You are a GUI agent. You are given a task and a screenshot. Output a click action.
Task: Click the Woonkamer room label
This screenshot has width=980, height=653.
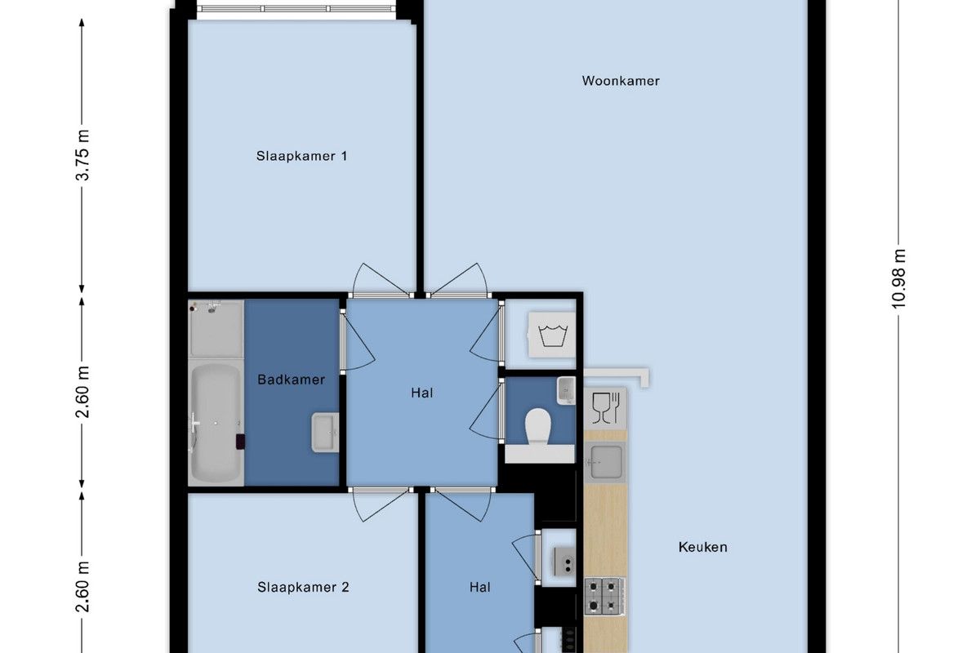(x=621, y=81)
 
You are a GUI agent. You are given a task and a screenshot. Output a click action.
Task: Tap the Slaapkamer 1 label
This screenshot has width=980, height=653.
(x=302, y=156)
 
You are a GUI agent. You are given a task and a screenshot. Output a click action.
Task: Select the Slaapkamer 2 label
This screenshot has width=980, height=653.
(x=303, y=587)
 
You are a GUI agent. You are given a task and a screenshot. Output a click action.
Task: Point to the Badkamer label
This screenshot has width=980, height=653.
(x=291, y=380)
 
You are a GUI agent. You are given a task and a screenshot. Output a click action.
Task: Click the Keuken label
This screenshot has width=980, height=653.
(x=702, y=547)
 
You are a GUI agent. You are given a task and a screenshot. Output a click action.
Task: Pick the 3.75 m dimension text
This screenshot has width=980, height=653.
(x=82, y=155)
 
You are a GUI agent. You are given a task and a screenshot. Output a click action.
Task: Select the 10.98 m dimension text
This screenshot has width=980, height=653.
(x=898, y=279)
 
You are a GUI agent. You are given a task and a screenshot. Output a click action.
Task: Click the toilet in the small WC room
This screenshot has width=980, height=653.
(x=537, y=427)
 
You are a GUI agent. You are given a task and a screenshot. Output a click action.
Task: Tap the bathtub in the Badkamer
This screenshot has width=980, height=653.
(x=216, y=423)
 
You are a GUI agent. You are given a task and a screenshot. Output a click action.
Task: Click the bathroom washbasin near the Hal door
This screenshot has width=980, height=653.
(x=325, y=432)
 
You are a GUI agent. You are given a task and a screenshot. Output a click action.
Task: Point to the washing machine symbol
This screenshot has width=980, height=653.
(x=552, y=335)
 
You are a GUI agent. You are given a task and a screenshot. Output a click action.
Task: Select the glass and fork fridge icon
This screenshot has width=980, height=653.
(x=605, y=408)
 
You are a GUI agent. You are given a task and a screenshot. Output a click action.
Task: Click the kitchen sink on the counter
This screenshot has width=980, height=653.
(x=605, y=462)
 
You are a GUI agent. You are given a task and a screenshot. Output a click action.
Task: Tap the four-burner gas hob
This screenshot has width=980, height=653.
(x=604, y=597)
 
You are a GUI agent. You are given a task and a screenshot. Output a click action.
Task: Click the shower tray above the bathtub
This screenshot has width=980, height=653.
(x=216, y=329)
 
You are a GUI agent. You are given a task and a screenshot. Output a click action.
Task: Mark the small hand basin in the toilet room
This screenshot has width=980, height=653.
(x=566, y=390)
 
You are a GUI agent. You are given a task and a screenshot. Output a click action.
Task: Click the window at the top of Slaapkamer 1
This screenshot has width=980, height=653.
(x=296, y=9)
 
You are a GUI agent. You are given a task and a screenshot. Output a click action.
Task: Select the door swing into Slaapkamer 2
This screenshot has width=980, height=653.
(x=380, y=504)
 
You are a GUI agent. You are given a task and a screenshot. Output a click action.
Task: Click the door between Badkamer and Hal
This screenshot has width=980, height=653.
(x=357, y=341)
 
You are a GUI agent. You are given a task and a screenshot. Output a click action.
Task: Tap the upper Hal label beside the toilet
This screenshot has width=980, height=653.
(x=421, y=393)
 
